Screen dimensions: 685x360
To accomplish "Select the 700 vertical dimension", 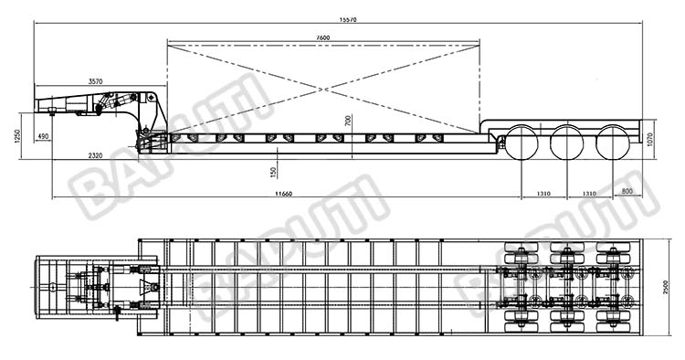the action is click(x=347, y=120).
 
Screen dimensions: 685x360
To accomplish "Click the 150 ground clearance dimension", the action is click(x=274, y=171).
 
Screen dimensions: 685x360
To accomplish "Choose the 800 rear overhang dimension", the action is click(x=627, y=191).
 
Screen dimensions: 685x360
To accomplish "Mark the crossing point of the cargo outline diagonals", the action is click(x=322, y=88).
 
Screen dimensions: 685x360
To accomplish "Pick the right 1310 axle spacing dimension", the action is click(x=587, y=193).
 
